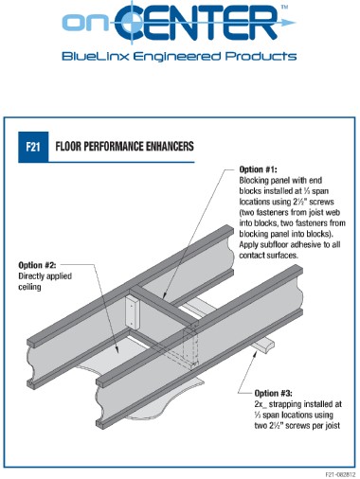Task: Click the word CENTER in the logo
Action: click(x=196, y=23)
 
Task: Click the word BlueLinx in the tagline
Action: click(x=96, y=57)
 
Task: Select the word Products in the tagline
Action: click(x=261, y=57)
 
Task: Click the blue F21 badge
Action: click(x=33, y=147)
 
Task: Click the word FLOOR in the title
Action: click(x=68, y=147)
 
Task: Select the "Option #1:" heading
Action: click(x=258, y=169)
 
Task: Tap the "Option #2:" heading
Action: click(x=37, y=265)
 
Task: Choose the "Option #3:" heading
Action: click(x=274, y=394)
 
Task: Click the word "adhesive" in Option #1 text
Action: click(x=304, y=245)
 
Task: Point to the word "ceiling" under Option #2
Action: click(x=29, y=287)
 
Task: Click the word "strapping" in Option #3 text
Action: click(x=288, y=404)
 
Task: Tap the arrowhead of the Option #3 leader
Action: click(x=255, y=353)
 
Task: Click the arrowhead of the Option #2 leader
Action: click(x=117, y=349)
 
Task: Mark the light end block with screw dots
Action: click(x=132, y=312)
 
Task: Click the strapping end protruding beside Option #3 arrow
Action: click(x=264, y=345)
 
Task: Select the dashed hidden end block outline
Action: click(x=190, y=347)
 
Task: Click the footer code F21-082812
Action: click(x=340, y=474)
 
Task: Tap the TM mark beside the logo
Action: click(x=284, y=7)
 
